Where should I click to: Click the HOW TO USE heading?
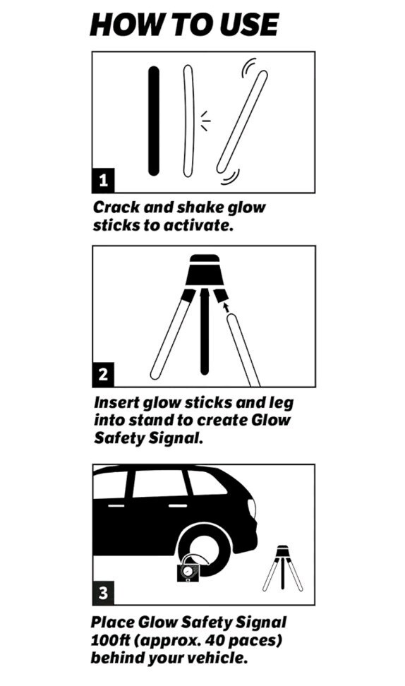pos(183,25)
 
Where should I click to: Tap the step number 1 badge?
pos(103,180)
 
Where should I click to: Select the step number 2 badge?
pos(103,375)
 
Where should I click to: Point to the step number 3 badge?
pos(103,593)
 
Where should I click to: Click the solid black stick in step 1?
pos(154,121)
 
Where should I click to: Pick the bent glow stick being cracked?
pos(188,121)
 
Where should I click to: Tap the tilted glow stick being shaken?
pos(242,121)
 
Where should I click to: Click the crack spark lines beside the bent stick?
pos(205,121)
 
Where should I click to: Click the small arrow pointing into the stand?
pos(225,307)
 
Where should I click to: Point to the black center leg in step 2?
pos(204,331)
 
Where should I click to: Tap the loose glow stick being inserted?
pos(243,350)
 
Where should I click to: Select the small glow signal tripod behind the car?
pos(282,567)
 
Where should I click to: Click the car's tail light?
pos(252,509)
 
